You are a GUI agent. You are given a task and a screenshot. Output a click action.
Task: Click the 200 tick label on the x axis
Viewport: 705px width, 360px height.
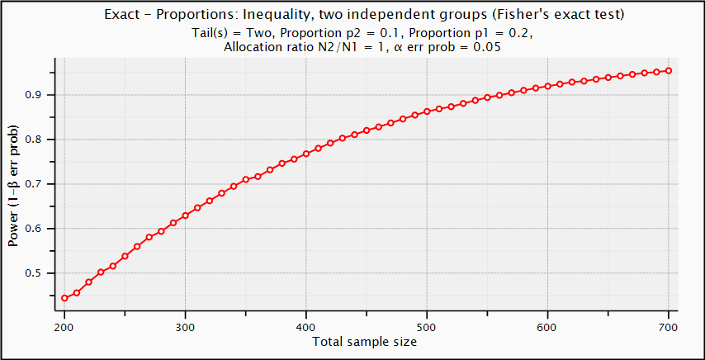(64, 327)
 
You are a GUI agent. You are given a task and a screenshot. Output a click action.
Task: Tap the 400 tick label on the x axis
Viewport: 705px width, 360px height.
(306, 327)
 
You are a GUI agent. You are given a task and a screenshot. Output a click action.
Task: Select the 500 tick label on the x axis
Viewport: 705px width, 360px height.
(427, 327)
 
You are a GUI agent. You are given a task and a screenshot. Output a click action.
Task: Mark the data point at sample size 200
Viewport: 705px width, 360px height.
(64, 298)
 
